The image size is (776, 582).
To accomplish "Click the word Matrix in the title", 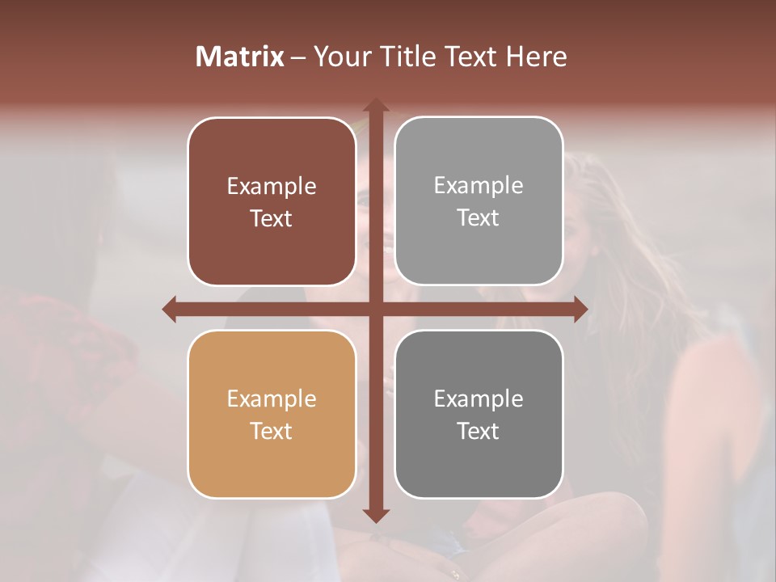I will pos(240,57).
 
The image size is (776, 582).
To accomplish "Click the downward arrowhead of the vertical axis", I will pos(376,515).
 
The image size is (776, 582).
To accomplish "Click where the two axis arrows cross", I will pos(376,309).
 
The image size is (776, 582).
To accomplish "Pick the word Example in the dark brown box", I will pos(272,187).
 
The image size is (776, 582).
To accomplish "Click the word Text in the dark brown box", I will pos(272,219).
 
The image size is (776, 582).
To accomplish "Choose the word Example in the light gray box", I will pos(479,186).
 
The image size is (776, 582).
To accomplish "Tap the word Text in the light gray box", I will pos(479,218).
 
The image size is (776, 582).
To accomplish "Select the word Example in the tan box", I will pos(272,399).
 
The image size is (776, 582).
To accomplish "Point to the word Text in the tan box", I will pos(272,432).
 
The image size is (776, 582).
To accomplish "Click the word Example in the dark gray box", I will pos(479,399).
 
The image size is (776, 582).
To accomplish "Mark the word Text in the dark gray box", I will pos(479,432).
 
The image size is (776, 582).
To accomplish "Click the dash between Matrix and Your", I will pos(298,57).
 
